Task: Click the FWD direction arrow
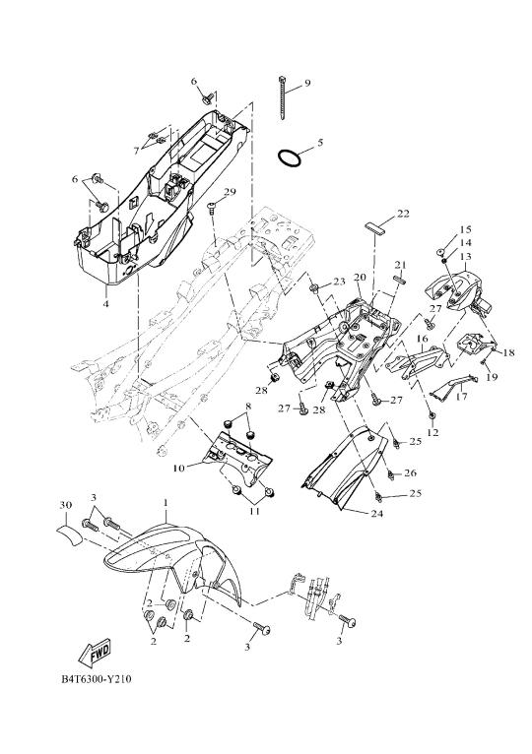[x=94, y=653]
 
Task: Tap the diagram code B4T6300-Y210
[x=96, y=679]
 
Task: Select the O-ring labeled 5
[x=290, y=157]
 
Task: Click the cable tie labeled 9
[x=283, y=97]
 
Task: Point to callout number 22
[x=403, y=214]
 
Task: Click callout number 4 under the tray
[x=106, y=303]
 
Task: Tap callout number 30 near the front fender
[x=65, y=505]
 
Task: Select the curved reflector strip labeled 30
[x=69, y=534]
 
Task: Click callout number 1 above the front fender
[x=166, y=503]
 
